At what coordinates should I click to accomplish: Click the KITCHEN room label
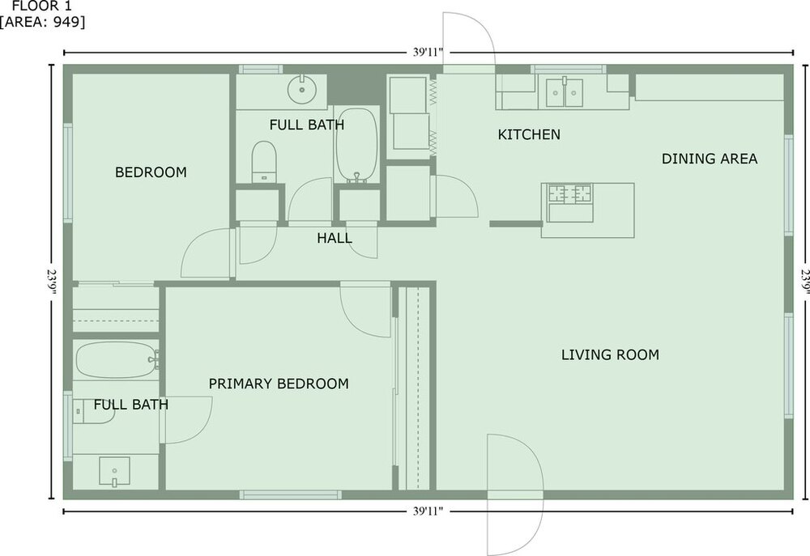[529, 134]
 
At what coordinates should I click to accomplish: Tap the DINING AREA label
[710, 159]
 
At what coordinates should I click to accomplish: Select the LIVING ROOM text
[610, 355]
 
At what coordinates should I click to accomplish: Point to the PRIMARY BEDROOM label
[279, 384]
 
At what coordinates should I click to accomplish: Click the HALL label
[335, 238]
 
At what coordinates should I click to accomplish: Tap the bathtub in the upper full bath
[356, 145]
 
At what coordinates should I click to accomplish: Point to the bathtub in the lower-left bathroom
[117, 359]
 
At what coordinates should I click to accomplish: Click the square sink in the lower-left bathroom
[114, 471]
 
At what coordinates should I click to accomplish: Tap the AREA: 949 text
[42, 22]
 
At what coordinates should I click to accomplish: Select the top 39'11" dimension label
[428, 52]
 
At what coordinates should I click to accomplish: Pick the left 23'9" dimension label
[52, 282]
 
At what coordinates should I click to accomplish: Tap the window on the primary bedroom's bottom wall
[290, 495]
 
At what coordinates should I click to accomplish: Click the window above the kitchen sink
[569, 69]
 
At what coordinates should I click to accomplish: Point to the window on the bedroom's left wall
[68, 173]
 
